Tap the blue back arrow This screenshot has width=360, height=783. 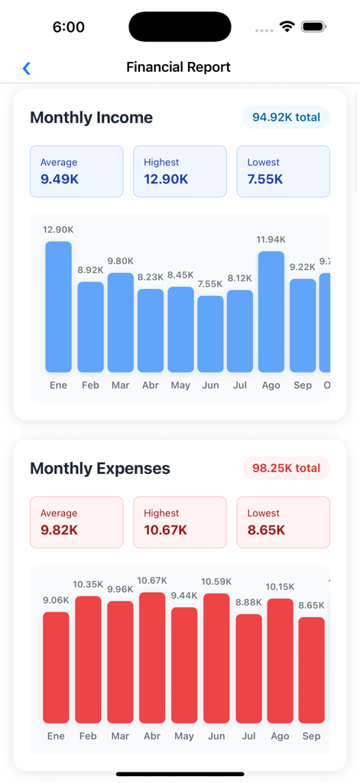click(27, 69)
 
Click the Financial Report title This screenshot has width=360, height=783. click(178, 67)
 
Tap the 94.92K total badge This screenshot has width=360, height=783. click(286, 118)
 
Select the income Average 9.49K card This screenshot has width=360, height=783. click(76, 171)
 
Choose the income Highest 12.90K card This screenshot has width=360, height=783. click(180, 171)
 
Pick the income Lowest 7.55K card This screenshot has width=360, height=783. click(283, 171)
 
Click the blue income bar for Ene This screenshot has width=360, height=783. click(59, 307)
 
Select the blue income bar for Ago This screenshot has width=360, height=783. click(271, 312)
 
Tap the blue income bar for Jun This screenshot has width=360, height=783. click(210, 334)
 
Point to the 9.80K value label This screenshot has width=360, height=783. click(121, 261)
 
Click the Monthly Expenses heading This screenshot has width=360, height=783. click(100, 469)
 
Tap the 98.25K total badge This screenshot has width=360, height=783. click(286, 468)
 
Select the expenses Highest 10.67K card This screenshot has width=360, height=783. click(180, 522)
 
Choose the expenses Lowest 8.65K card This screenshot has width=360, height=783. click(283, 522)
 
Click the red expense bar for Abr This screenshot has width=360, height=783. click(152, 658)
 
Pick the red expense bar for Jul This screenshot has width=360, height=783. click(248, 669)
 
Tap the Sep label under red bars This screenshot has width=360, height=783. click(311, 736)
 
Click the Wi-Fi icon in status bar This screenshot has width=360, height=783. click(287, 27)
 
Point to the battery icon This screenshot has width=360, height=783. click(313, 27)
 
